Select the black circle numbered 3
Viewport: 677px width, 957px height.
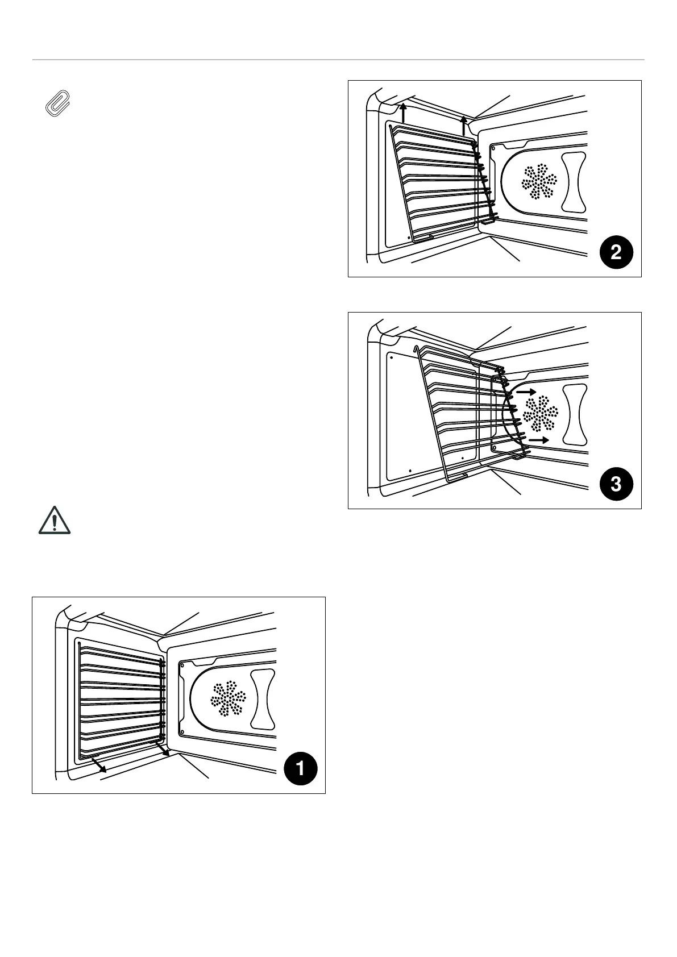(x=616, y=484)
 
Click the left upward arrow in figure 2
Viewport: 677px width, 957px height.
(x=403, y=113)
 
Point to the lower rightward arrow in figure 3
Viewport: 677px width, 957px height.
(x=538, y=440)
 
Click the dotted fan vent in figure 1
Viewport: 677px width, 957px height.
(x=229, y=698)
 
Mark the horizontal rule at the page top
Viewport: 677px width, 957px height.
(x=338, y=60)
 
